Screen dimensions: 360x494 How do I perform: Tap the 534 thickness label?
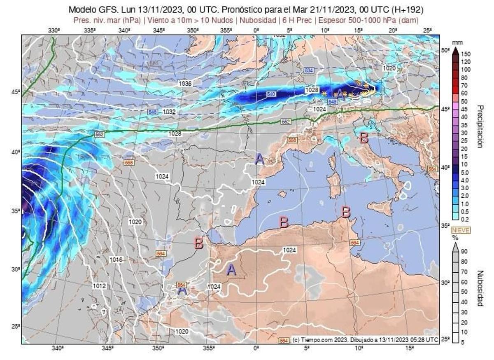(x=309, y=70)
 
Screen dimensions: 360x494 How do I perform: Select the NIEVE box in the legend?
(x=461, y=230)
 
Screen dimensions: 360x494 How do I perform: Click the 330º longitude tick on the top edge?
(x=54, y=30)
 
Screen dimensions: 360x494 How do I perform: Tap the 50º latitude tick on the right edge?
(x=445, y=50)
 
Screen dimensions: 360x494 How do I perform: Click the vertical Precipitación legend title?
(x=480, y=126)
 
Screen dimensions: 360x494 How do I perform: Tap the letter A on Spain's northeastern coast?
(x=259, y=159)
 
